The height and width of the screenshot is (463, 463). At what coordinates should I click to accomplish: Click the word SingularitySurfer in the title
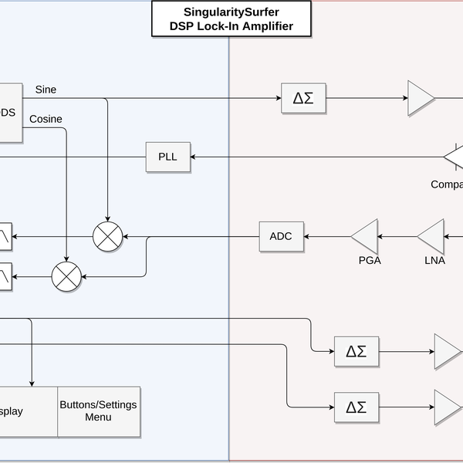[231, 12]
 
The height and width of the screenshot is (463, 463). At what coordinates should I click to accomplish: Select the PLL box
[167, 157]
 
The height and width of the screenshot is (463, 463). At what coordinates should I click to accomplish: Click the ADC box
[281, 235]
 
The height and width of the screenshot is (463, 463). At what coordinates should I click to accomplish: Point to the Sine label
[46, 90]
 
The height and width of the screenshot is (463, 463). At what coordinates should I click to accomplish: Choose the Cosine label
[46, 119]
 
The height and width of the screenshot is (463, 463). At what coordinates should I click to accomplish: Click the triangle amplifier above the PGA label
[366, 235]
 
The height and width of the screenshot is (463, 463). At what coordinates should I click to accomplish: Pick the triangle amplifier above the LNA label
[432, 235]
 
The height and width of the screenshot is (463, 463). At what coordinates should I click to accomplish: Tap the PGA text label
[369, 260]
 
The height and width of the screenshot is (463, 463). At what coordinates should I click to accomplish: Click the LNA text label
[434, 260]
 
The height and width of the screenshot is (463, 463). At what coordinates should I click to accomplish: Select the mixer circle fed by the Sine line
[107, 236]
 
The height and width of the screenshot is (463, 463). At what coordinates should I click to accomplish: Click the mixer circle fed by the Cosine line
[66, 276]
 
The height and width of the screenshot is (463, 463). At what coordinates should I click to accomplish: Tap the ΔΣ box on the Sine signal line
[302, 99]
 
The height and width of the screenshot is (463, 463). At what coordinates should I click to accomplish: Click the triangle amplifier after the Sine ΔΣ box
[421, 99]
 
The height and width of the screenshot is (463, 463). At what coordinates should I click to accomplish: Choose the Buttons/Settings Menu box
[99, 411]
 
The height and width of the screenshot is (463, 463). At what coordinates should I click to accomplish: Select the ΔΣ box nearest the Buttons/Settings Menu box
[356, 406]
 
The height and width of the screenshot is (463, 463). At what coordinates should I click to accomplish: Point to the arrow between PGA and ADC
[328, 235]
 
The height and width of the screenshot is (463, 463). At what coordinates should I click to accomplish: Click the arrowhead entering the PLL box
[195, 157]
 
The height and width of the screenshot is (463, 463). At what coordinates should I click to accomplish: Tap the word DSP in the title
[185, 27]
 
